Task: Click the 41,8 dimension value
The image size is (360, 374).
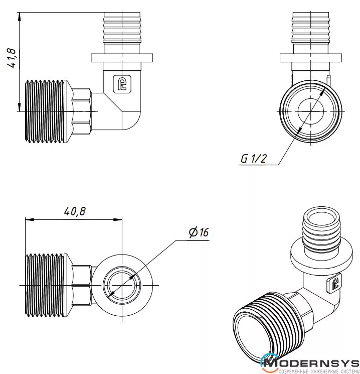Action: pos(12,58)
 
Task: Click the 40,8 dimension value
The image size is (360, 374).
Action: pos(75,211)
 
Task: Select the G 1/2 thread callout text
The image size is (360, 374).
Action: pos(254,158)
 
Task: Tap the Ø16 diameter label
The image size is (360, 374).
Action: pos(199,232)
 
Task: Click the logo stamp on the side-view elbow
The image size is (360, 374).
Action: pos(122,84)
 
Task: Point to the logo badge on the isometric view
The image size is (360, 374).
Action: pos(334,284)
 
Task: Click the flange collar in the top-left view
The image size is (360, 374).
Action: pos(122,58)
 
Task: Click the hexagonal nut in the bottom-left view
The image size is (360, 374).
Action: pos(82,285)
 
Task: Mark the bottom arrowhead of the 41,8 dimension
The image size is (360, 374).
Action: pos(19,107)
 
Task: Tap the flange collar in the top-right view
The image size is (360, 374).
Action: pos(311,58)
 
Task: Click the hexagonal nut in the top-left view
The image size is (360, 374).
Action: pos(82,111)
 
